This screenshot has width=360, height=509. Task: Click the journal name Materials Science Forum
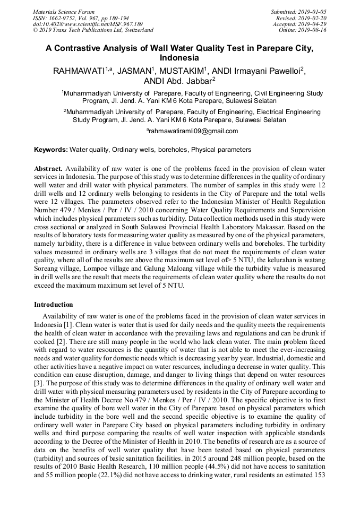64,11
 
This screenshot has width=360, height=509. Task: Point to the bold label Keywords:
51,150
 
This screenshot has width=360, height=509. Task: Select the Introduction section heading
54,305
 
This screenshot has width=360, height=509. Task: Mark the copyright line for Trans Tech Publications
93,30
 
